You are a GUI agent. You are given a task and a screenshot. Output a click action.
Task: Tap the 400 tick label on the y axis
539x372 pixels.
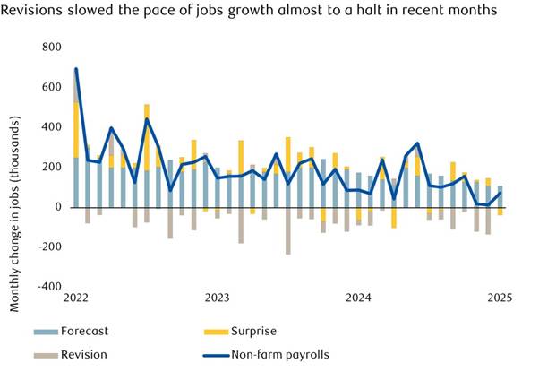[52, 127]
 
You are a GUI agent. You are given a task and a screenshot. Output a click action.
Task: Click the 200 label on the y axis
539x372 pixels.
[52, 168]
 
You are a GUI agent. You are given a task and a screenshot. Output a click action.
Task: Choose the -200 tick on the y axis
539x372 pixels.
[49, 247]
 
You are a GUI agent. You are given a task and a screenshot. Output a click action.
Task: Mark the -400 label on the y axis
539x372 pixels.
[49, 288]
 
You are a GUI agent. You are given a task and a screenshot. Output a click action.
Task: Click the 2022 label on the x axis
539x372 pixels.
[76, 297]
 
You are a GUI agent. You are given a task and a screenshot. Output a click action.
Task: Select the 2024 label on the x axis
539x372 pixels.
[359, 297]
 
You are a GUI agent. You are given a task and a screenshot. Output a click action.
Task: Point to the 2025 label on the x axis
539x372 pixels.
[499, 297]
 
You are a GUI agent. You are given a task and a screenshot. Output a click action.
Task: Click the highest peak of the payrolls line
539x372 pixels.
[76, 69]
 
